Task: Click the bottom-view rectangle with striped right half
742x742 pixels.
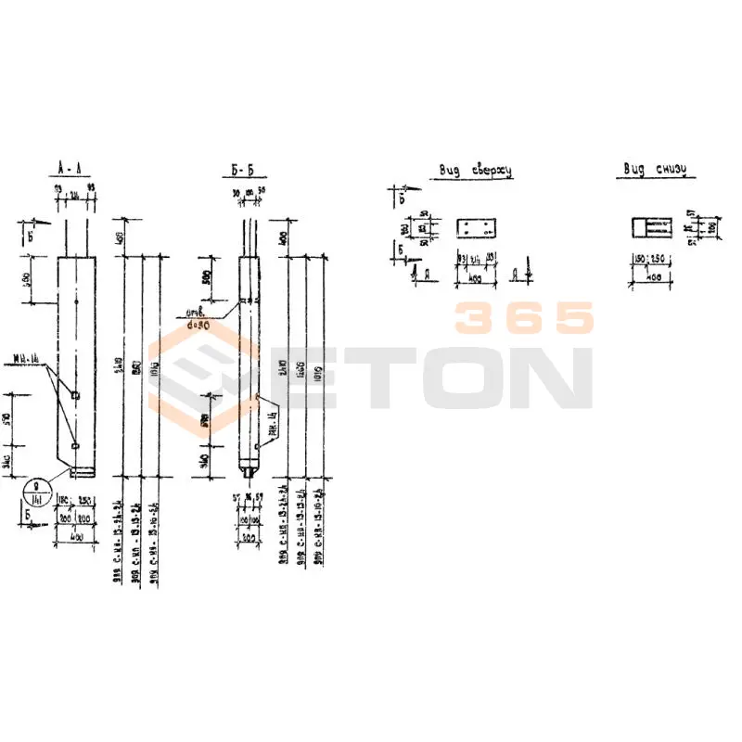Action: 649,227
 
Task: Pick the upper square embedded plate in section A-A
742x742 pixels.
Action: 75,396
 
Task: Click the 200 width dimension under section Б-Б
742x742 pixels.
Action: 248,536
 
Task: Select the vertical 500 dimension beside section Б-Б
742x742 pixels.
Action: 207,277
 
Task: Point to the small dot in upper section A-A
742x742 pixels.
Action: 75,301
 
